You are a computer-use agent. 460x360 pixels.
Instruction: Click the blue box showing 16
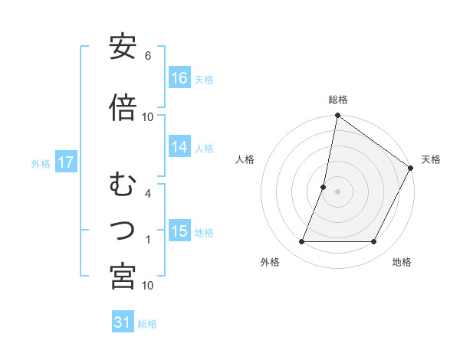pos(179,78)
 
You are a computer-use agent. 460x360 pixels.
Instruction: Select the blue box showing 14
pos(179,147)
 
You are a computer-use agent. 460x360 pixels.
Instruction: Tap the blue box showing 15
pos(179,231)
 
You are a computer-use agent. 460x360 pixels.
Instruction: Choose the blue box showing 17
pos(65,162)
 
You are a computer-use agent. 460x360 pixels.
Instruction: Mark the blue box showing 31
pos(123,322)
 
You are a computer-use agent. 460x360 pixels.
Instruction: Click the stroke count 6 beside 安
pos(148,57)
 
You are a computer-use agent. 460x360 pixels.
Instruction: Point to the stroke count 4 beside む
pos(148,193)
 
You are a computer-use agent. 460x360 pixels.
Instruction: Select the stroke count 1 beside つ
pos(148,241)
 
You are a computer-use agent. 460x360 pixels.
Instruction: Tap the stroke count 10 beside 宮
pos(148,286)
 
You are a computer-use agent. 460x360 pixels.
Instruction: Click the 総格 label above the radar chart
pos(337,100)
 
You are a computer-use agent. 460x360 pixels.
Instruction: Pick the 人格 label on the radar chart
pos(245,159)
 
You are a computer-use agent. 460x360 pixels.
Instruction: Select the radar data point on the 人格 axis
pos(324,187)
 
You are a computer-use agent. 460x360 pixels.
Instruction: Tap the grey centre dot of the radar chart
pos(337,191)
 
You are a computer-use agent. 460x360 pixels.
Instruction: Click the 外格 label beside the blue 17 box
pos(41,163)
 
